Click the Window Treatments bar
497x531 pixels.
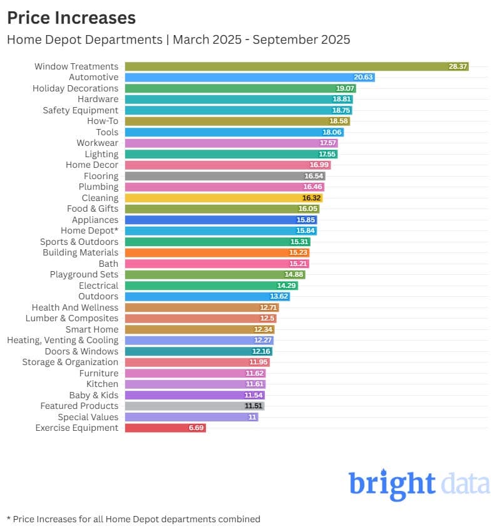297,66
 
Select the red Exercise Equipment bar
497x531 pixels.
165,428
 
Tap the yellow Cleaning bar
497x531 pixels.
224,198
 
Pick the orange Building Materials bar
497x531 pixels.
217,252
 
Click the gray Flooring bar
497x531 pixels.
225,176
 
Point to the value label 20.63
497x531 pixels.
363,77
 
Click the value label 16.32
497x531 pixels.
312,198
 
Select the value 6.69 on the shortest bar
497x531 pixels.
197,428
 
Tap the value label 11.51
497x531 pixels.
254,406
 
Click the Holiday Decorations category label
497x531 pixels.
76,88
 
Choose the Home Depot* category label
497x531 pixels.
90,230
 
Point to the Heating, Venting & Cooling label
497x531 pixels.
63,340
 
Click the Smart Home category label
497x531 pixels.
92,329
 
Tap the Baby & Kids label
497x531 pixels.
94,395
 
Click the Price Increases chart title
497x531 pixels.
71,18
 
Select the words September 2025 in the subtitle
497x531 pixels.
301,39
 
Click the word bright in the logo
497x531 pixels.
392,483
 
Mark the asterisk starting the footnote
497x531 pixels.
9,518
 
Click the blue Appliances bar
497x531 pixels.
221,220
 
